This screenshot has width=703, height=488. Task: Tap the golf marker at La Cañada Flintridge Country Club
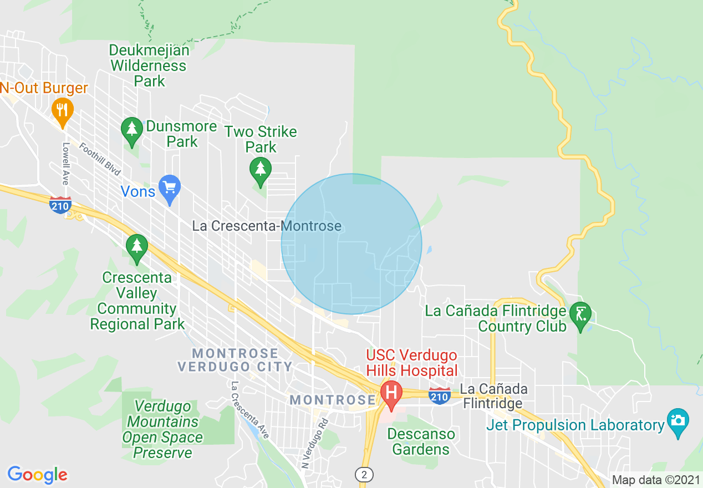pyautogui.click(x=580, y=316)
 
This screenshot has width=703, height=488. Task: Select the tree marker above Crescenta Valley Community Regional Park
pyautogui.click(x=137, y=247)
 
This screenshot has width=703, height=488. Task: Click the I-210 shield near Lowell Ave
pyautogui.click(x=60, y=205)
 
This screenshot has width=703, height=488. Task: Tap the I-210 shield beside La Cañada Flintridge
pyautogui.click(x=439, y=396)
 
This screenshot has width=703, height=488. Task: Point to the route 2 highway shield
pyautogui.click(x=364, y=474)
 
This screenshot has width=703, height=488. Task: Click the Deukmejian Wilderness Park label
pyautogui.click(x=149, y=65)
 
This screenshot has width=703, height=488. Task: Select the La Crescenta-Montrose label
pyautogui.click(x=266, y=226)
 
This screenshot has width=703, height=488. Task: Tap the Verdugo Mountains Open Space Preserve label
pyautogui.click(x=163, y=430)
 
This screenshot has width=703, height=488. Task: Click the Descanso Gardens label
pyautogui.click(x=421, y=441)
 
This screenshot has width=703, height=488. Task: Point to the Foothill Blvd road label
pyautogui.click(x=100, y=159)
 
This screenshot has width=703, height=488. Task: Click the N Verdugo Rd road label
pyautogui.click(x=313, y=443)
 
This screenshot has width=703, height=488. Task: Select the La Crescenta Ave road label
pyautogui.click(x=251, y=410)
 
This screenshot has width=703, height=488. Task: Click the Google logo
pyautogui.click(x=38, y=475)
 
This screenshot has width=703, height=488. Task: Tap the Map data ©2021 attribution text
pyautogui.click(x=655, y=480)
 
